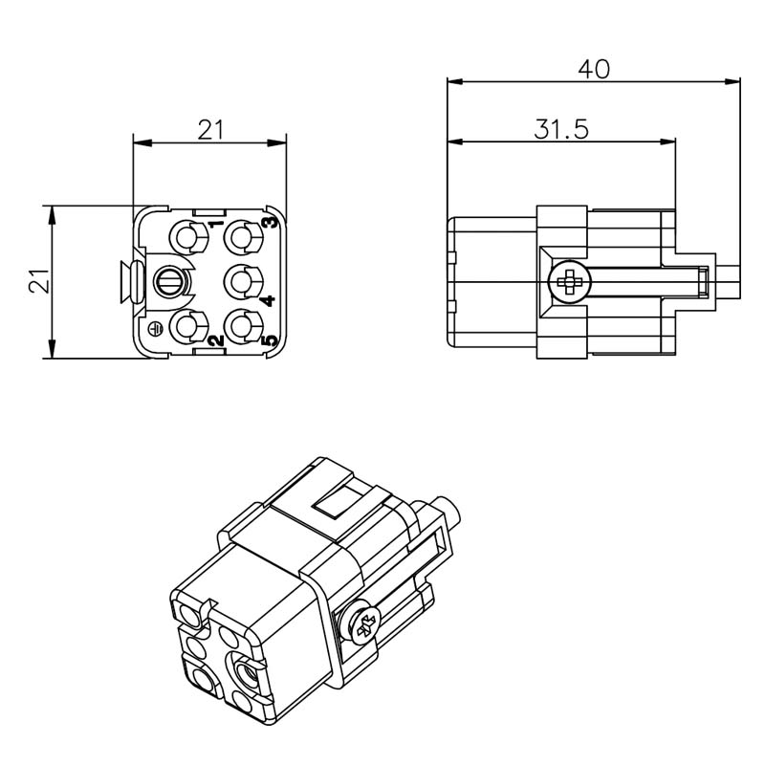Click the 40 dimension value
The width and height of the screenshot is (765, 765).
click(x=593, y=69)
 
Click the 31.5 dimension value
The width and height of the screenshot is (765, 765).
click(x=561, y=129)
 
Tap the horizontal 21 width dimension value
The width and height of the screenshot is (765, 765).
click(x=210, y=130)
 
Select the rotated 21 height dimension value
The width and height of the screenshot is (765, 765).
click(x=39, y=281)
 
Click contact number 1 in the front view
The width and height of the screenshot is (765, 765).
click(x=216, y=224)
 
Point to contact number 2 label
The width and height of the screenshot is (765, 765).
click(x=216, y=340)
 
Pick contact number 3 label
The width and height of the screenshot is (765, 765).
click(x=272, y=222)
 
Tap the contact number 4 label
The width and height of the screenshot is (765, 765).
click(x=270, y=300)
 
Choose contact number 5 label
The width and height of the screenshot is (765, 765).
click(x=272, y=340)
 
